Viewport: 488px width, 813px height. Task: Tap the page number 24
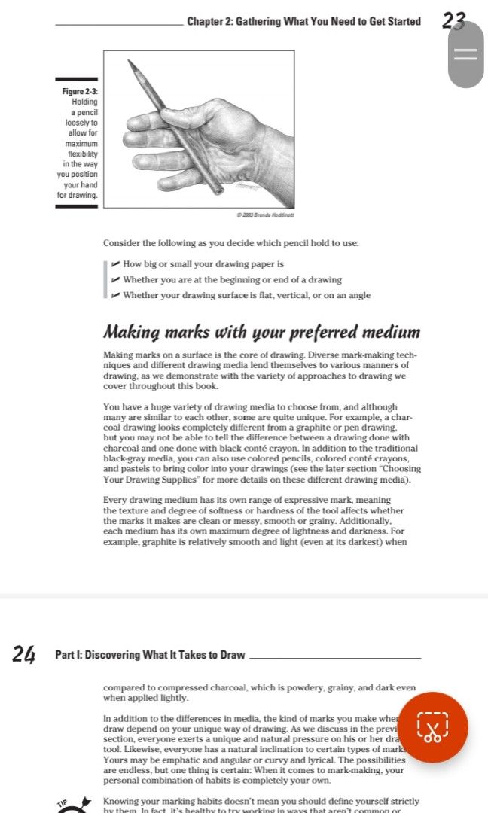[x=24, y=655]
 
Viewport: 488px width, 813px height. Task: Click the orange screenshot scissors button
[x=432, y=727]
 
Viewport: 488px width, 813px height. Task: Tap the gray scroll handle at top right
[x=465, y=54]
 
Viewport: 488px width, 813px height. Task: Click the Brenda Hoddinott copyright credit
[x=264, y=215]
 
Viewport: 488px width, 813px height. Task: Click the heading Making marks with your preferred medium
[x=261, y=332]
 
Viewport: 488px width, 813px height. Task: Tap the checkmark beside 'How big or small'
[x=114, y=264]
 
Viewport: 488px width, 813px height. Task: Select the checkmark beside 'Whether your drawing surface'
[x=114, y=295]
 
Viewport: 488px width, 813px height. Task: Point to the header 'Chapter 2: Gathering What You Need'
[x=303, y=21]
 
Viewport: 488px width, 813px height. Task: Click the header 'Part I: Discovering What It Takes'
[x=150, y=655]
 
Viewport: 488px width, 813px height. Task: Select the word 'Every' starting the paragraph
[x=115, y=500]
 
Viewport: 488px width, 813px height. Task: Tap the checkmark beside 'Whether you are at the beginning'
[x=114, y=279]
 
